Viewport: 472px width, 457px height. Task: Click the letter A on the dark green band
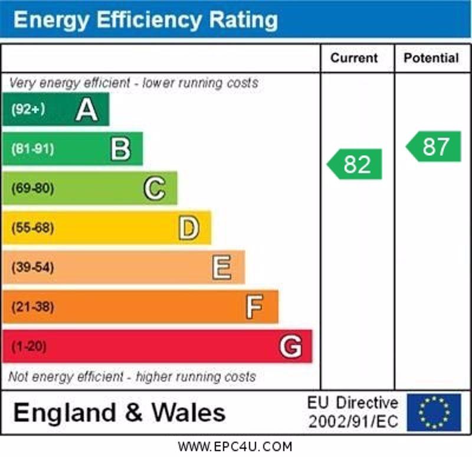[87, 110]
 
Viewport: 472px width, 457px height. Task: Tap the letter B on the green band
[120, 149]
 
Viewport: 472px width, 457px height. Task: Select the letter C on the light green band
[155, 188]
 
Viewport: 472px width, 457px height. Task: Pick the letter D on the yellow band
[189, 228]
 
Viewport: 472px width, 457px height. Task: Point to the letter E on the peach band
[222, 268]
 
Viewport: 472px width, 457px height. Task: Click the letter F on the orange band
[254, 307]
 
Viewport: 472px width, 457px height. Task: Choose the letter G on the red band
[290, 347]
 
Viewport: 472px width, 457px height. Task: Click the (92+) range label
[28, 109]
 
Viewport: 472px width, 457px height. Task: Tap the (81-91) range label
[33, 149]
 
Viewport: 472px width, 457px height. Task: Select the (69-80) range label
[33, 188]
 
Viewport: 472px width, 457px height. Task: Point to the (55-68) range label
[33, 228]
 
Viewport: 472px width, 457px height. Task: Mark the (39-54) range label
[33, 267]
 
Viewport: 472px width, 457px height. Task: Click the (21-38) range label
[33, 307]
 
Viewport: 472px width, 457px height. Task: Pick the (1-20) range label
[29, 347]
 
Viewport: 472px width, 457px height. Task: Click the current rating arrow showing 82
[355, 164]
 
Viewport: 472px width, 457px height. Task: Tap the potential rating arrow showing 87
[434, 147]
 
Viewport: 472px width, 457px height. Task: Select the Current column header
[354, 58]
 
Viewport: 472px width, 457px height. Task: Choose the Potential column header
[431, 58]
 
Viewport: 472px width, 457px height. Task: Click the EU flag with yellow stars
[434, 412]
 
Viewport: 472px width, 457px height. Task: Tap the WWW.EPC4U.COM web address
[235, 447]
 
